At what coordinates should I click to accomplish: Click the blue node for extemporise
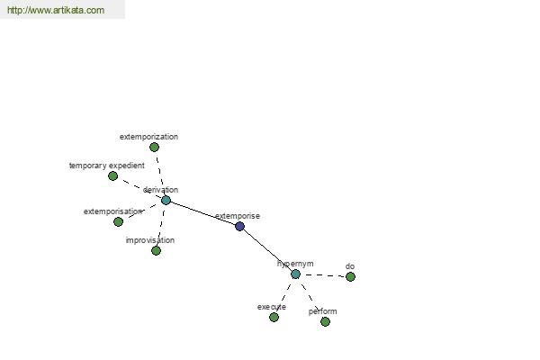[239, 226]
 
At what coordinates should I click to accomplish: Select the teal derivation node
[166, 200]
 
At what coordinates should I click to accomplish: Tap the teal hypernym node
[295, 274]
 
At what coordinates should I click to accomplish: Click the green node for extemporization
[154, 147]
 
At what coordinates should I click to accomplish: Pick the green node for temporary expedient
[113, 176]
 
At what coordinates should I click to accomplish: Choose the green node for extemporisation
[118, 222]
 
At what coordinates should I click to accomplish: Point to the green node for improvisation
[156, 251]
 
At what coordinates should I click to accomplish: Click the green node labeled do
[350, 276]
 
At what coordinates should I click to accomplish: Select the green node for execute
[274, 318]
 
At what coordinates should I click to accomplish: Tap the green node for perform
[325, 322]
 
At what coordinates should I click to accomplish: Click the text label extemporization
[148, 137]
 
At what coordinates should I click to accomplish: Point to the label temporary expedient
[107, 166]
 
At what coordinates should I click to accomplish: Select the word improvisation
[150, 240]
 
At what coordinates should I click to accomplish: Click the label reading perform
[323, 311]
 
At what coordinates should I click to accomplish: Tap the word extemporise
[238, 216]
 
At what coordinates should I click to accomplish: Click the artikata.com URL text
[56, 10]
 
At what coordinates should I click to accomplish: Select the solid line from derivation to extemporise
[202, 213]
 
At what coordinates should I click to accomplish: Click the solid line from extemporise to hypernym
[267, 250]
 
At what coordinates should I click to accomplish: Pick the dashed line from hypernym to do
[323, 275]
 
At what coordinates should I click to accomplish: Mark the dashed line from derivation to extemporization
[160, 174]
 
